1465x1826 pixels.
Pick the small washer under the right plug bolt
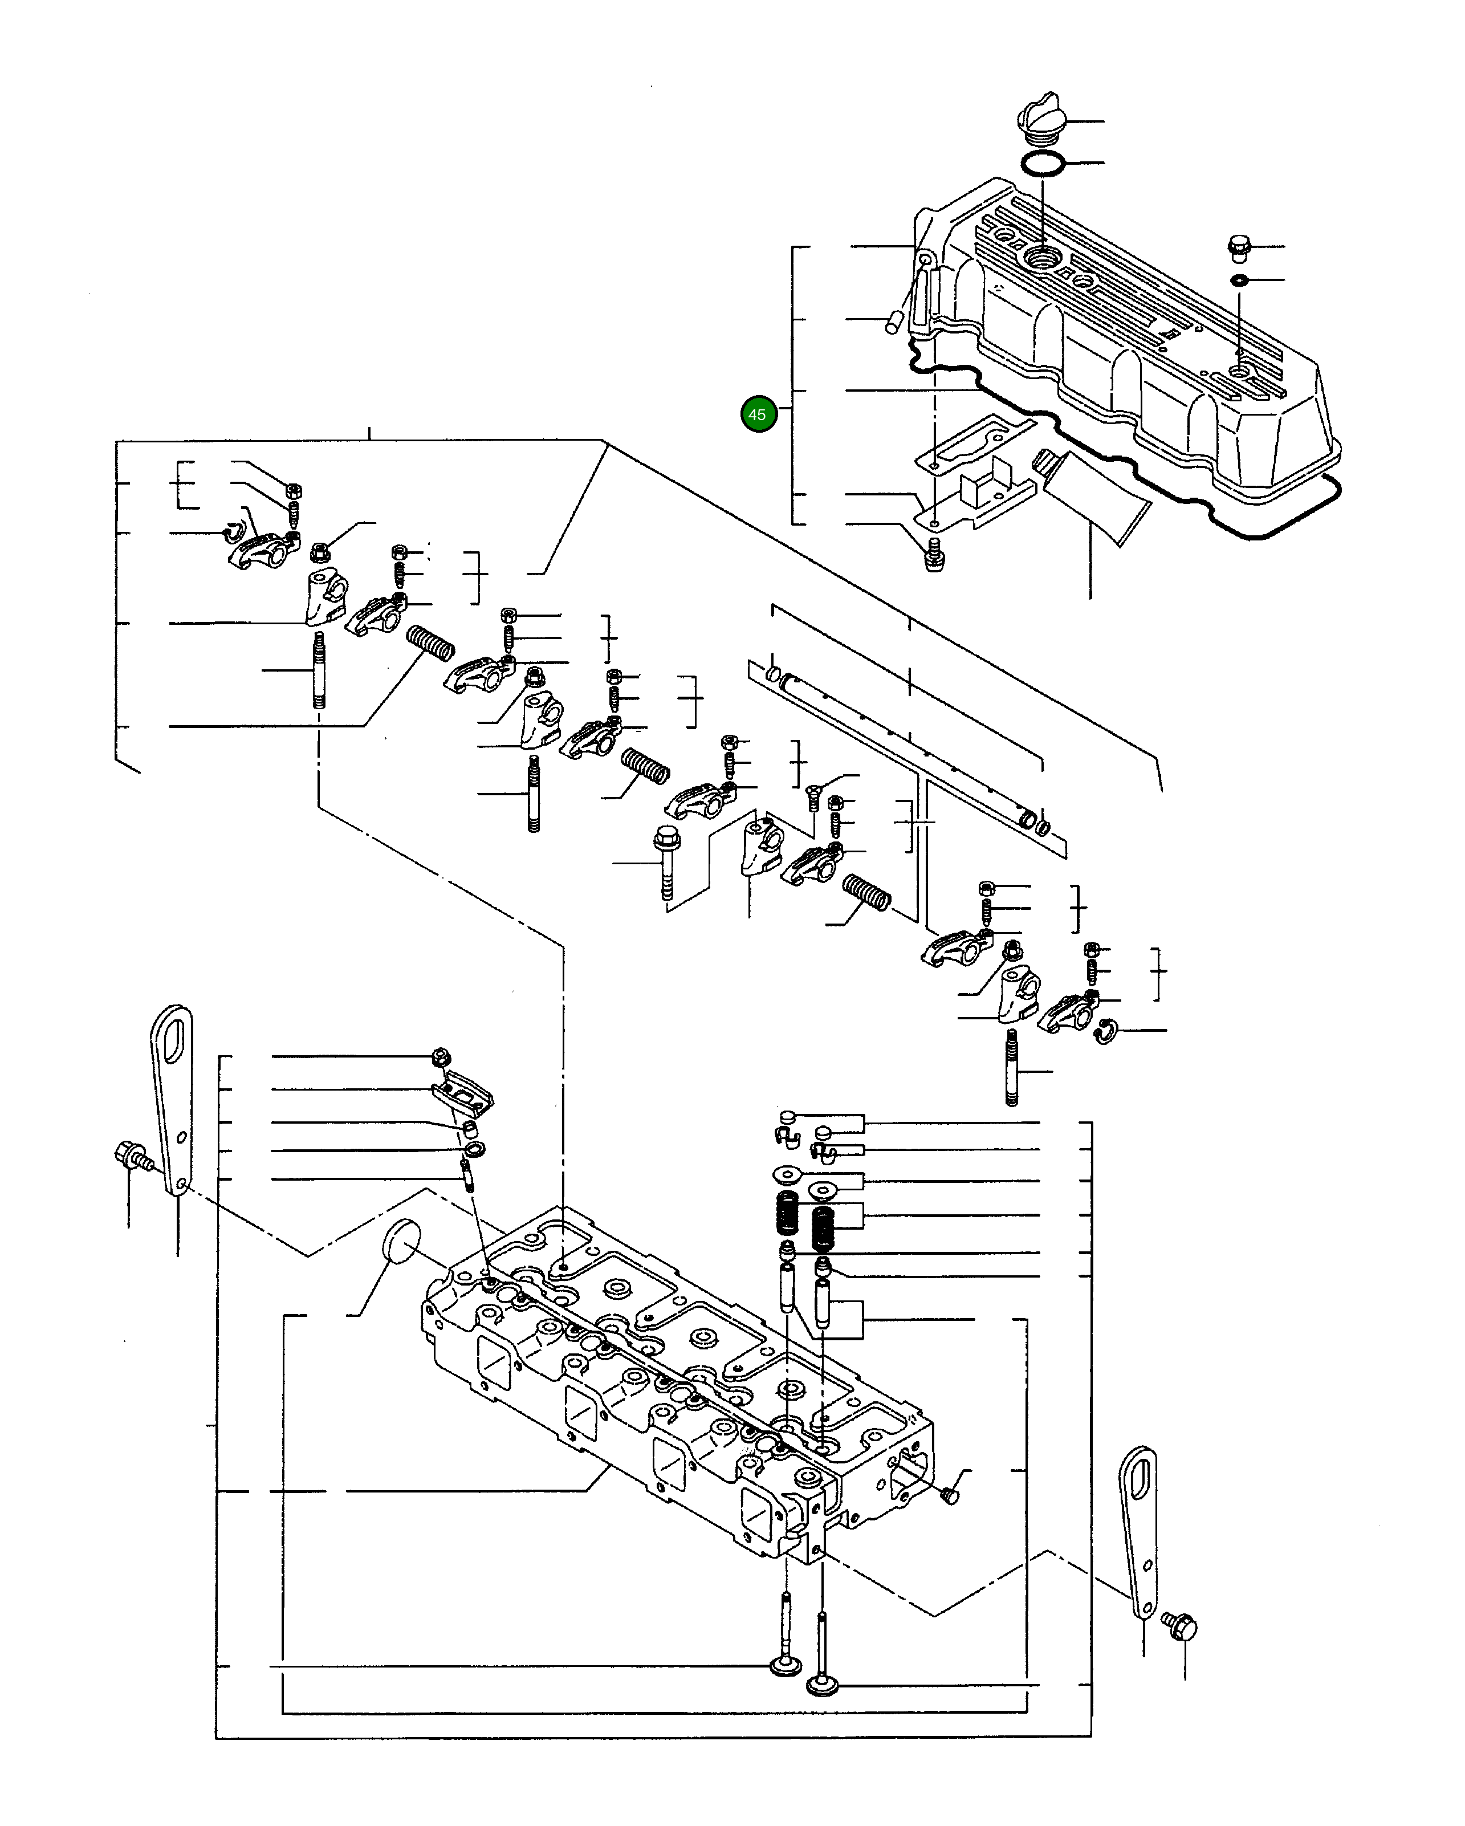coord(1238,280)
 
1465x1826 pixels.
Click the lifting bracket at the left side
coord(173,1097)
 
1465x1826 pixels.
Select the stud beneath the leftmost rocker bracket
coord(319,670)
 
